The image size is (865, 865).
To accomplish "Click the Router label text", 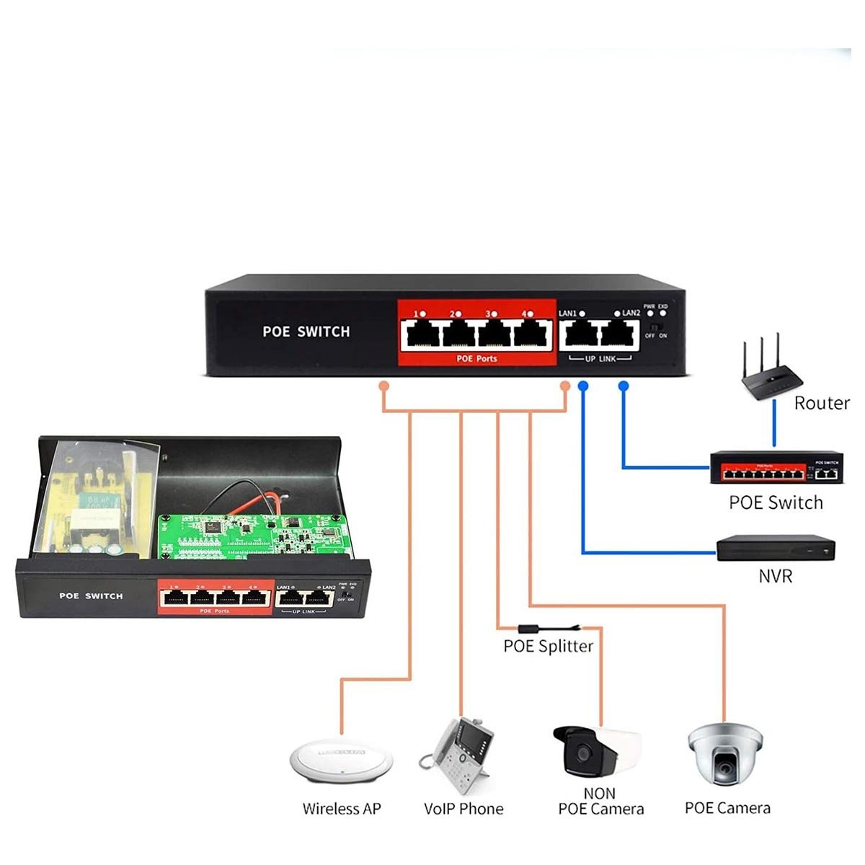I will click(821, 403).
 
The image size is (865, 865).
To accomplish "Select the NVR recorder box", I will click(775, 549).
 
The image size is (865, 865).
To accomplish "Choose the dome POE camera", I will click(724, 753).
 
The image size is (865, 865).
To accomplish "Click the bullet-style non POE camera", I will click(594, 752).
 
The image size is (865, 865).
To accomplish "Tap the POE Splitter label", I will click(548, 646).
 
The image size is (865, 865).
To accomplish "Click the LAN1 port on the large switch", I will click(580, 334).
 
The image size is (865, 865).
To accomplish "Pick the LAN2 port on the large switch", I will click(619, 334).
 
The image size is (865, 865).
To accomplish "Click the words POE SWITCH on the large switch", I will click(306, 332).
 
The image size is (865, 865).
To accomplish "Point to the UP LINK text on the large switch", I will click(600, 359).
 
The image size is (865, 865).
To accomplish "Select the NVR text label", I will click(775, 576).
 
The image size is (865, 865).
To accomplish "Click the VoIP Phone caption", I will click(463, 809).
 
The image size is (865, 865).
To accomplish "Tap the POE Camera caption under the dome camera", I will click(727, 808).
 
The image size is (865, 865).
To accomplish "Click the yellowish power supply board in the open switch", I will click(97, 505).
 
